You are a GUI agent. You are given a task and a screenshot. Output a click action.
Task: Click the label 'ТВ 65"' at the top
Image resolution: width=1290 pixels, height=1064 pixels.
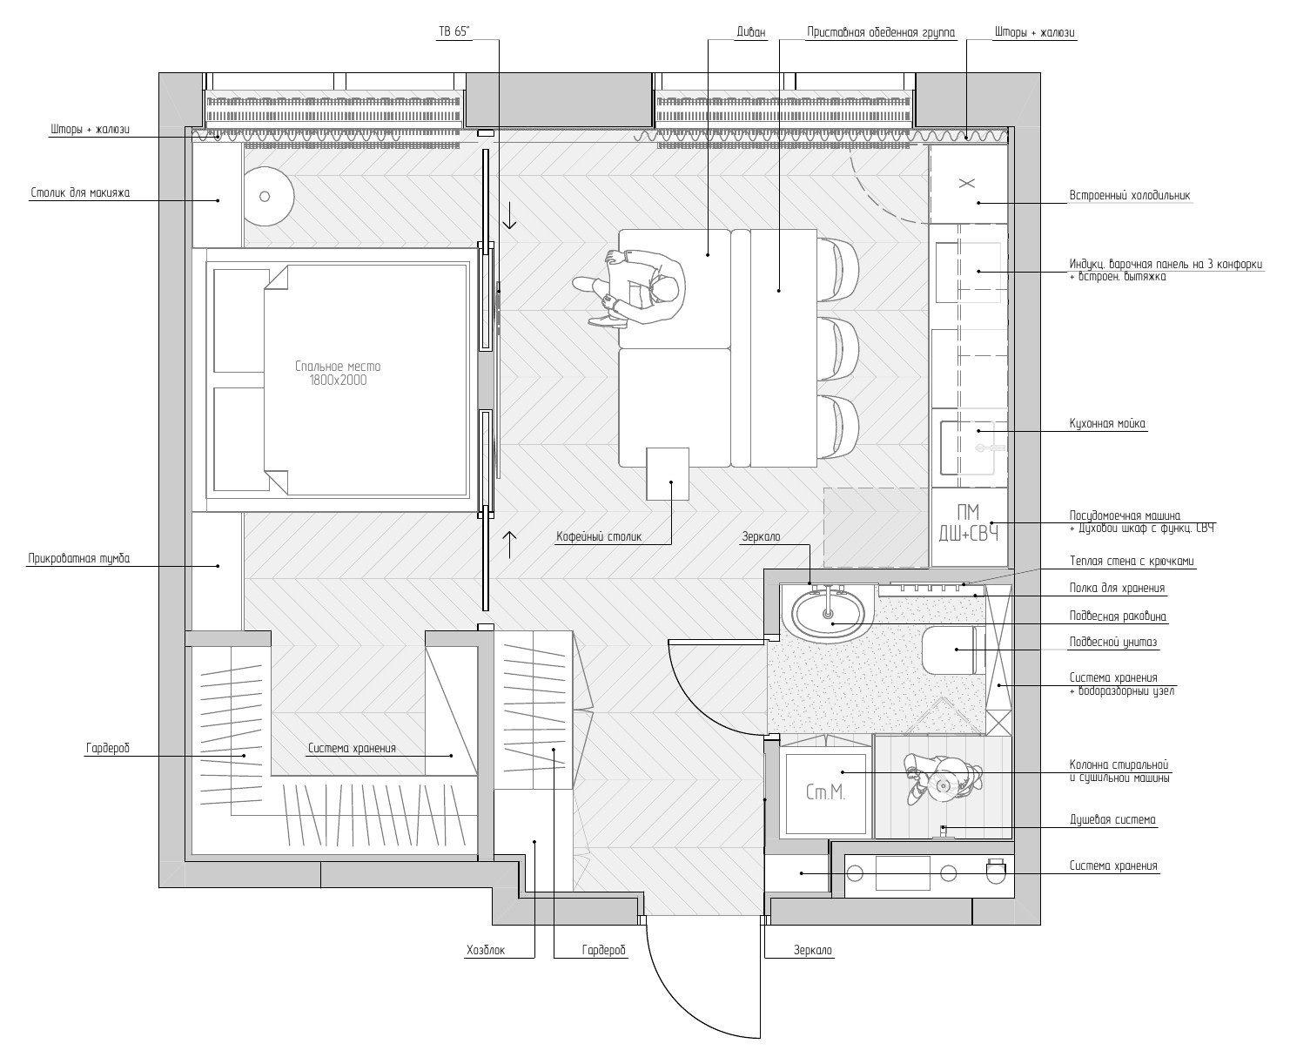pos(454,32)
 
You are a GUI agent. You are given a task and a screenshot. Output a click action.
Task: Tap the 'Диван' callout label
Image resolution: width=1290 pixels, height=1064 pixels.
pos(750,32)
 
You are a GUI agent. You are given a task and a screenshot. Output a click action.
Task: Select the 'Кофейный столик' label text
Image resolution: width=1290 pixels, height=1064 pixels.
pos(599,537)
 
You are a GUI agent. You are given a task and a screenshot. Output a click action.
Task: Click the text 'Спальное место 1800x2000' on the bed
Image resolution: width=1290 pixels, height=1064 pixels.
pos(338,374)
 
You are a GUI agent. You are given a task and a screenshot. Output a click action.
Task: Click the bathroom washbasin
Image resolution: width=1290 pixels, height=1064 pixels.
pos(828,614)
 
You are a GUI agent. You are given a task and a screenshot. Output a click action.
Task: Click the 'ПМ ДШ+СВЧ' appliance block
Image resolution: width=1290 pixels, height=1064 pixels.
pos(969,522)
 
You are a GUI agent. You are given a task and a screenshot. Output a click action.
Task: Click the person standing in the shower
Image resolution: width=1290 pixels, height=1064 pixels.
pos(942,780)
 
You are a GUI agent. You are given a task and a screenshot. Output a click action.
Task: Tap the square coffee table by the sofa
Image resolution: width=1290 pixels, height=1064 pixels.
pos(668,474)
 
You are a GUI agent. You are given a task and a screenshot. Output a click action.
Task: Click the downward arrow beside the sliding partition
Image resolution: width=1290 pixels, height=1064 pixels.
pos(509,216)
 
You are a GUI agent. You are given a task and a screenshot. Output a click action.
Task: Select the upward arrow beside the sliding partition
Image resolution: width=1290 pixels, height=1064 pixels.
pos(509,544)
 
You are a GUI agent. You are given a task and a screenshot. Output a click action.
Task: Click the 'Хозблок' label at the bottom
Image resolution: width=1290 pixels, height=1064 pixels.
pos(486,950)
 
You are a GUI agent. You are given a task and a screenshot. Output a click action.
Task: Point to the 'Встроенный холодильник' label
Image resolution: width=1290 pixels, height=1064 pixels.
pos(1130,196)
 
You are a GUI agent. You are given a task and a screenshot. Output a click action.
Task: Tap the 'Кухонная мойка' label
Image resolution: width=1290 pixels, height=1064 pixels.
pos(1107,424)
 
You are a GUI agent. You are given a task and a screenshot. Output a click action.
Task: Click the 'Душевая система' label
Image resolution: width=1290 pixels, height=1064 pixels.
pos(1112,820)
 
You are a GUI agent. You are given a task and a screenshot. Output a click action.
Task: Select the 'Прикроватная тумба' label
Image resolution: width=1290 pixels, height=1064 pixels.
pos(79,559)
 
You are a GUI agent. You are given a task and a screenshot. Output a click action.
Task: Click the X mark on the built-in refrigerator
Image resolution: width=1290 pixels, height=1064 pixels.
pos(967,184)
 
